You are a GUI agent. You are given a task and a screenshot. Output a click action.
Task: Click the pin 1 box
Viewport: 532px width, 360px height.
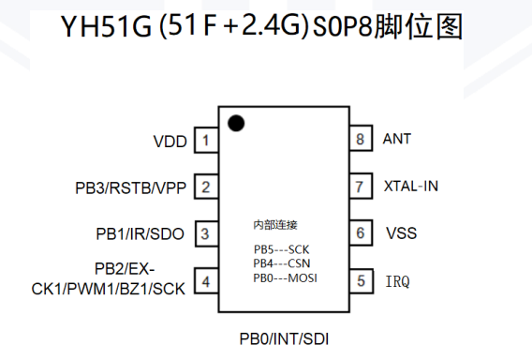point(206,140)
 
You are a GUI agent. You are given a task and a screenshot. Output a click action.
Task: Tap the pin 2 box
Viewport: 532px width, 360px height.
point(206,187)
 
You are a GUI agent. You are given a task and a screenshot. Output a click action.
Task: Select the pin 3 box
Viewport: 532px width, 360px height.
point(207,233)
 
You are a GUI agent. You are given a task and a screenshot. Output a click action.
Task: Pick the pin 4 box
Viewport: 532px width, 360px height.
point(206,281)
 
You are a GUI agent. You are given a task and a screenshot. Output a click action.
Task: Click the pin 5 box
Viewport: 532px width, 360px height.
point(362,281)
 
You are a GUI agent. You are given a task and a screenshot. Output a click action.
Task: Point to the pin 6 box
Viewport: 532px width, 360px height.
point(361,232)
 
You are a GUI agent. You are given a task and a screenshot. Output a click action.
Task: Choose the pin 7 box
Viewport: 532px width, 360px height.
point(361,187)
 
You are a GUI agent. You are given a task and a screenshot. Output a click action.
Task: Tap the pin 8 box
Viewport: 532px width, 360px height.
point(361,138)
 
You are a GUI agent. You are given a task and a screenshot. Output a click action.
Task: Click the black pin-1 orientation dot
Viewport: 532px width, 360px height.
point(236,123)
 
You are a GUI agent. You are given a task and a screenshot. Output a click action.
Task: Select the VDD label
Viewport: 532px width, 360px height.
point(170,142)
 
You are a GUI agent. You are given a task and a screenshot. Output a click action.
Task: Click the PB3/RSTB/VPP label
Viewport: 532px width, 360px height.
point(130,187)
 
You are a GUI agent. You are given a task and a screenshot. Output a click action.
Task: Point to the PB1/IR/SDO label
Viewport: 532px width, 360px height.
point(140,234)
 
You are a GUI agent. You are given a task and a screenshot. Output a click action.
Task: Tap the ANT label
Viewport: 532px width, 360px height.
point(397,139)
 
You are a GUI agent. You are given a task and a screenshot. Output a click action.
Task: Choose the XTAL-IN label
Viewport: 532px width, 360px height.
point(411,187)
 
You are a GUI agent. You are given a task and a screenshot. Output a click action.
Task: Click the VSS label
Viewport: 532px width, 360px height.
point(402,233)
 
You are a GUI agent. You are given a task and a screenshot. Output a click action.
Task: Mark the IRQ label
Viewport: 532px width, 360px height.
point(398,281)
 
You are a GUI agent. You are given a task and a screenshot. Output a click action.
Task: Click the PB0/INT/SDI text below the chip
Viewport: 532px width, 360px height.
point(284,339)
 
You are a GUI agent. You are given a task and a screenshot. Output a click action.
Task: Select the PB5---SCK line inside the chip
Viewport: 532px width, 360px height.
point(282,249)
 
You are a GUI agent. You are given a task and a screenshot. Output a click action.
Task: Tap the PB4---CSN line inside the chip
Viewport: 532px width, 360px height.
point(282,263)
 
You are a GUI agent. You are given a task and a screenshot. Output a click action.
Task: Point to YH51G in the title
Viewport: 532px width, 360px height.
point(106,26)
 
